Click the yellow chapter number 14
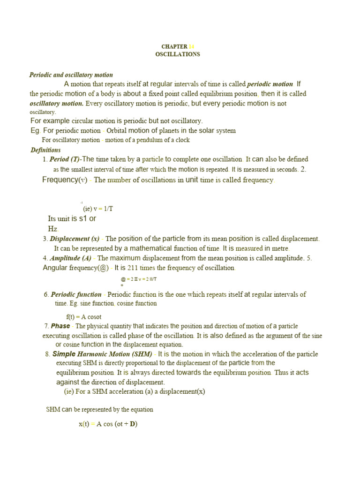point(191,46)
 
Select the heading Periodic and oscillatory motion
point(71,75)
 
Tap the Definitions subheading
point(45,150)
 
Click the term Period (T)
point(65,159)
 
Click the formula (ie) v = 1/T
point(98,209)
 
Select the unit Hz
point(52,229)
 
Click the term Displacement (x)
point(75,239)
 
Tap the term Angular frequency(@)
point(75,268)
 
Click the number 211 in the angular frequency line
point(134,268)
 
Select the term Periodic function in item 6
point(76,294)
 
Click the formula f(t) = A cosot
point(84,317)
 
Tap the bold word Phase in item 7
point(60,326)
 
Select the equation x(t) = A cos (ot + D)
point(108,424)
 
